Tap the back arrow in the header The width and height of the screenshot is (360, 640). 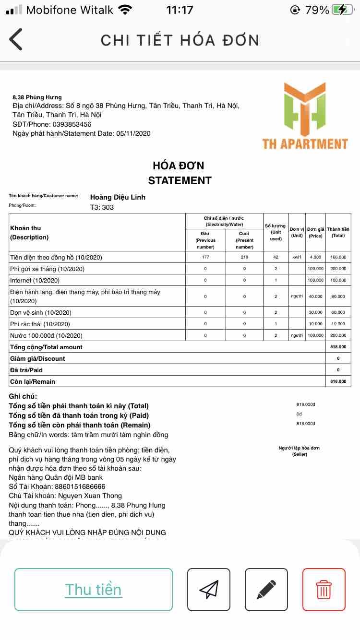click(x=16, y=39)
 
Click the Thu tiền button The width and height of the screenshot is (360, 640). click(x=94, y=589)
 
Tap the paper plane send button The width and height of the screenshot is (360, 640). click(x=209, y=589)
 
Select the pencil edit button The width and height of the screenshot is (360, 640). click(x=266, y=589)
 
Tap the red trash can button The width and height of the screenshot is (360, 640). click(x=324, y=589)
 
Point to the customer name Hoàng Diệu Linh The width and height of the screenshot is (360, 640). click(x=118, y=197)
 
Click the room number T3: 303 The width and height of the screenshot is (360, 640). click(x=102, y=208)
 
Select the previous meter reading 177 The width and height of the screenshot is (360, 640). click(x=205, y=257)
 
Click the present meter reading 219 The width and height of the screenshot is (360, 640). click(x=244, y=257)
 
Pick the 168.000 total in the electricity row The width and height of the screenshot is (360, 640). click(x=338, y=257)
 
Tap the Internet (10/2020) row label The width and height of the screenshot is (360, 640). click(x=35, y=280)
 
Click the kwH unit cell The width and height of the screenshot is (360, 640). click(x=297, y=257)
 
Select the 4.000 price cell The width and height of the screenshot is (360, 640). click(x=315, y=257)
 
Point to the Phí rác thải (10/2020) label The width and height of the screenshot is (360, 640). click(x=40, y=324)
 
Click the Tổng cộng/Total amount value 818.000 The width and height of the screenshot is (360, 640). click(x=338, y=347)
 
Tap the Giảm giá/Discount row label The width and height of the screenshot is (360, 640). click(x=37, y=358)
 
